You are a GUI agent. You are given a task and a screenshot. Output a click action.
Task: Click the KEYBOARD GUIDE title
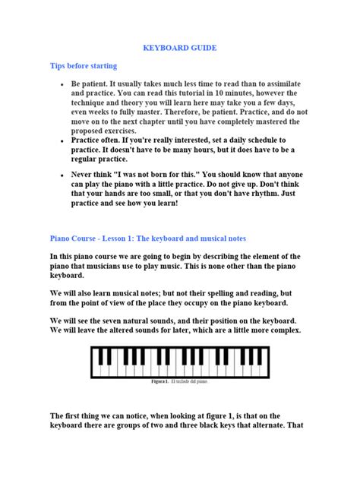(x=180, y=48)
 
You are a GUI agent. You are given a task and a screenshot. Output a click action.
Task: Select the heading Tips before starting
(x=84, y=66)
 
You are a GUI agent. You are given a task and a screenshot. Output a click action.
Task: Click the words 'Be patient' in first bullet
(x=92, y=84)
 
